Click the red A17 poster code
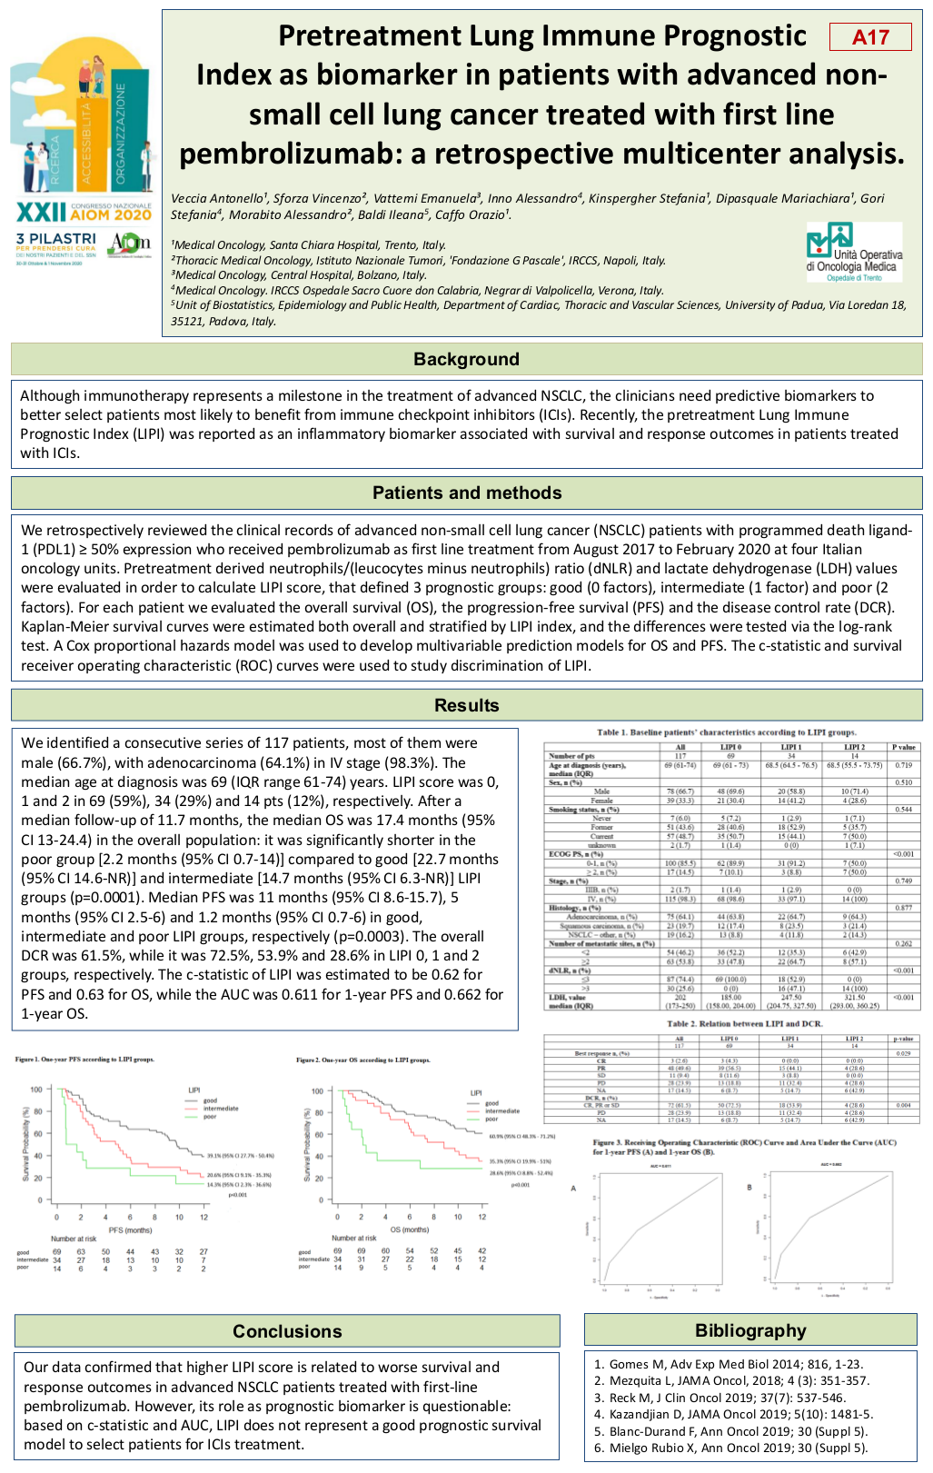870,37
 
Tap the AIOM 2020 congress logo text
84,214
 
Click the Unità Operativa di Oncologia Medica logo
854,253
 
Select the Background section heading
466,359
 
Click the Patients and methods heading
467,493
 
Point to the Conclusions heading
287,1331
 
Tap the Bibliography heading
750,1330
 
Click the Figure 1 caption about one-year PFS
84,1060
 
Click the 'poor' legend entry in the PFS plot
210,1117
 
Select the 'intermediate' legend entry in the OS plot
501,1111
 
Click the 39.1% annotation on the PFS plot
240,1156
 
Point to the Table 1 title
726,732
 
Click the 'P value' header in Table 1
903,747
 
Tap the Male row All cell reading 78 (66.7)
680,791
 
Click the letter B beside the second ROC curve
749,1188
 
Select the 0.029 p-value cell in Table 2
903,1053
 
